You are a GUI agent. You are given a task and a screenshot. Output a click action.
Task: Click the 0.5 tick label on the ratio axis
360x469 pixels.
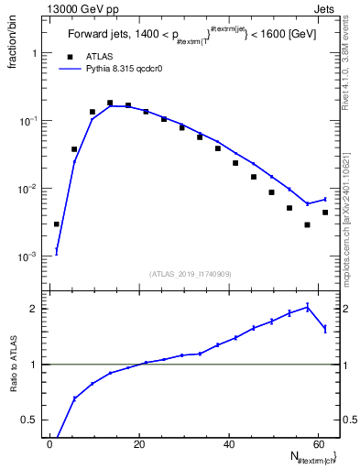tap(31, 420)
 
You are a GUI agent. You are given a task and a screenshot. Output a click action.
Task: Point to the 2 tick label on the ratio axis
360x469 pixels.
tap(35, 309)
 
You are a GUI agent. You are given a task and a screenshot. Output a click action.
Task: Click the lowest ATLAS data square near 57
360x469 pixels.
tap(308, 224)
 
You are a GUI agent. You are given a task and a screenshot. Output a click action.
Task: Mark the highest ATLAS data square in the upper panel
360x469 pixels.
tap(110, 104)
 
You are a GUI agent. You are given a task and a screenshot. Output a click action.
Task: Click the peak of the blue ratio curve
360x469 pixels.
tap(308, 306)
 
